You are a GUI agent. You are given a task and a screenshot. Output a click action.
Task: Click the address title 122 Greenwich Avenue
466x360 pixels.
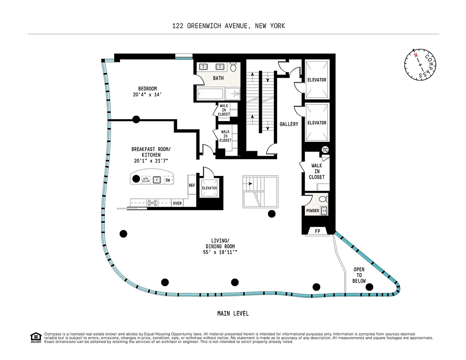tap(229, 26)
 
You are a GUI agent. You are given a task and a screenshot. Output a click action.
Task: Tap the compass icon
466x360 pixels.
tap(421, 65)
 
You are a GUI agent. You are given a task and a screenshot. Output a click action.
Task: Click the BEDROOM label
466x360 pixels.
tap(148, 89)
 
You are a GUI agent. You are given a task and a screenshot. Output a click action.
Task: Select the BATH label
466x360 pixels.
tap(218, 78)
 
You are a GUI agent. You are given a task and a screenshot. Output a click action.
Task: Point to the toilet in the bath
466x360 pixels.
tap(233, 68)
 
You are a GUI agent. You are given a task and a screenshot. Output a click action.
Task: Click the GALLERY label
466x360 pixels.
tap(289, 124)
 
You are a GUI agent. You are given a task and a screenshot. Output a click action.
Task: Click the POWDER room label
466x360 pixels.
tap(313, 211)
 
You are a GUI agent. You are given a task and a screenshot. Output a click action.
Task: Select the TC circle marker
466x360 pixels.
tap(325, 150)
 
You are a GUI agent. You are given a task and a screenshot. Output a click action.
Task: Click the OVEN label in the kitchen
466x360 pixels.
tap(178, 203)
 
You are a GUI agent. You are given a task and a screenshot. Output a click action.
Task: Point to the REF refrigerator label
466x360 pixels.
tap(192, 185)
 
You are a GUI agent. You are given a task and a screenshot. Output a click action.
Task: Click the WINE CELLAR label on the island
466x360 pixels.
tap(146, 180)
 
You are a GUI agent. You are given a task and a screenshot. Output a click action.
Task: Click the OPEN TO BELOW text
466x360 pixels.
tap(359, 275)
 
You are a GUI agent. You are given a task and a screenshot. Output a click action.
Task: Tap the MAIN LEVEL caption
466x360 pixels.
tap(233, 314)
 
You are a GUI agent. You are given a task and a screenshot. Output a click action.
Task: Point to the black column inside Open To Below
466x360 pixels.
tap(369, 287)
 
